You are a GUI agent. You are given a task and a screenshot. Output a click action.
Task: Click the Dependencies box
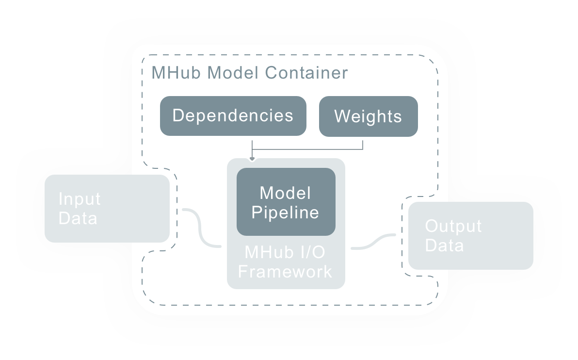tap(233, 115)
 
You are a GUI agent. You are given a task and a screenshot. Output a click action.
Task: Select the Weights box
tap(368, 116)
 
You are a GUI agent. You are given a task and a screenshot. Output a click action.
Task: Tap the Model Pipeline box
tap(286, 202)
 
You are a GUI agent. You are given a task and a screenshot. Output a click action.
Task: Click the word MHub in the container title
tap(177, 73)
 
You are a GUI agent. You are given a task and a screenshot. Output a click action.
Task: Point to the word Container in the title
tap(306, 73)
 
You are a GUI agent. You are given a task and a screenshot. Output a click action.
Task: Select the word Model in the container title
tap(233, 73)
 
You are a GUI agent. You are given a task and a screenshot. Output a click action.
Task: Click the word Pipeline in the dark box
tap(285, 212)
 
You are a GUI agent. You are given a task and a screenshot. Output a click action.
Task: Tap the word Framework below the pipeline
tap(285, 271)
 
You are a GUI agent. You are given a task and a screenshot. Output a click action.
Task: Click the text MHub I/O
tap(285, 252)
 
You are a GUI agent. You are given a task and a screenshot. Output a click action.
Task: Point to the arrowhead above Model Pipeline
tap(252, 158)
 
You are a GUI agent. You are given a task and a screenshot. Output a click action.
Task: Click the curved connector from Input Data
tap(201, 228)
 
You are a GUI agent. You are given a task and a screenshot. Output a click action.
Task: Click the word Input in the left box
tap(79, 199)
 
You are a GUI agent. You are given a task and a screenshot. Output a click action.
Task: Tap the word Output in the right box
tap(453, 226)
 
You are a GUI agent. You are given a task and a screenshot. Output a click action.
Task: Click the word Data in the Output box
tap(444, 245)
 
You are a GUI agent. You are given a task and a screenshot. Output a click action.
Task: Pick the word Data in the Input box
tap(78, 218)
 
